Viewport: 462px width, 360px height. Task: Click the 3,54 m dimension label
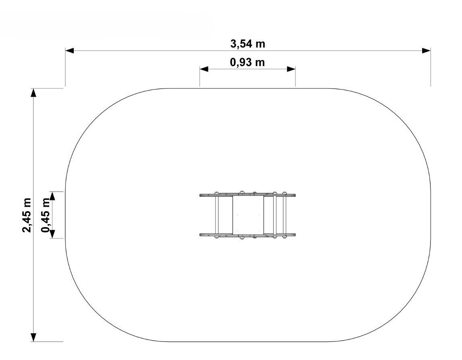(248, 44)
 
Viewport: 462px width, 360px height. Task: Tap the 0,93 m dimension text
(247, 62)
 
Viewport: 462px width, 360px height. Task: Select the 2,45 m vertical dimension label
(27, 215)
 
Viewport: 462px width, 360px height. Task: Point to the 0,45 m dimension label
(46, 215)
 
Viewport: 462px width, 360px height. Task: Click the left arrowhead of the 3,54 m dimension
(69, 51)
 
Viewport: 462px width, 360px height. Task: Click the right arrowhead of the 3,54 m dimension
(427, 51)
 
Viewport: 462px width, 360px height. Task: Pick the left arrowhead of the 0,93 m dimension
(204, 69)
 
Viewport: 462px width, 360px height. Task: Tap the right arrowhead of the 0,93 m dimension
(291, 69)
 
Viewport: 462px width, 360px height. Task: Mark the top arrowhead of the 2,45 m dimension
(33, 92)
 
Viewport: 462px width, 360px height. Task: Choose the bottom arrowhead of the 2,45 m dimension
(33, 337)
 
